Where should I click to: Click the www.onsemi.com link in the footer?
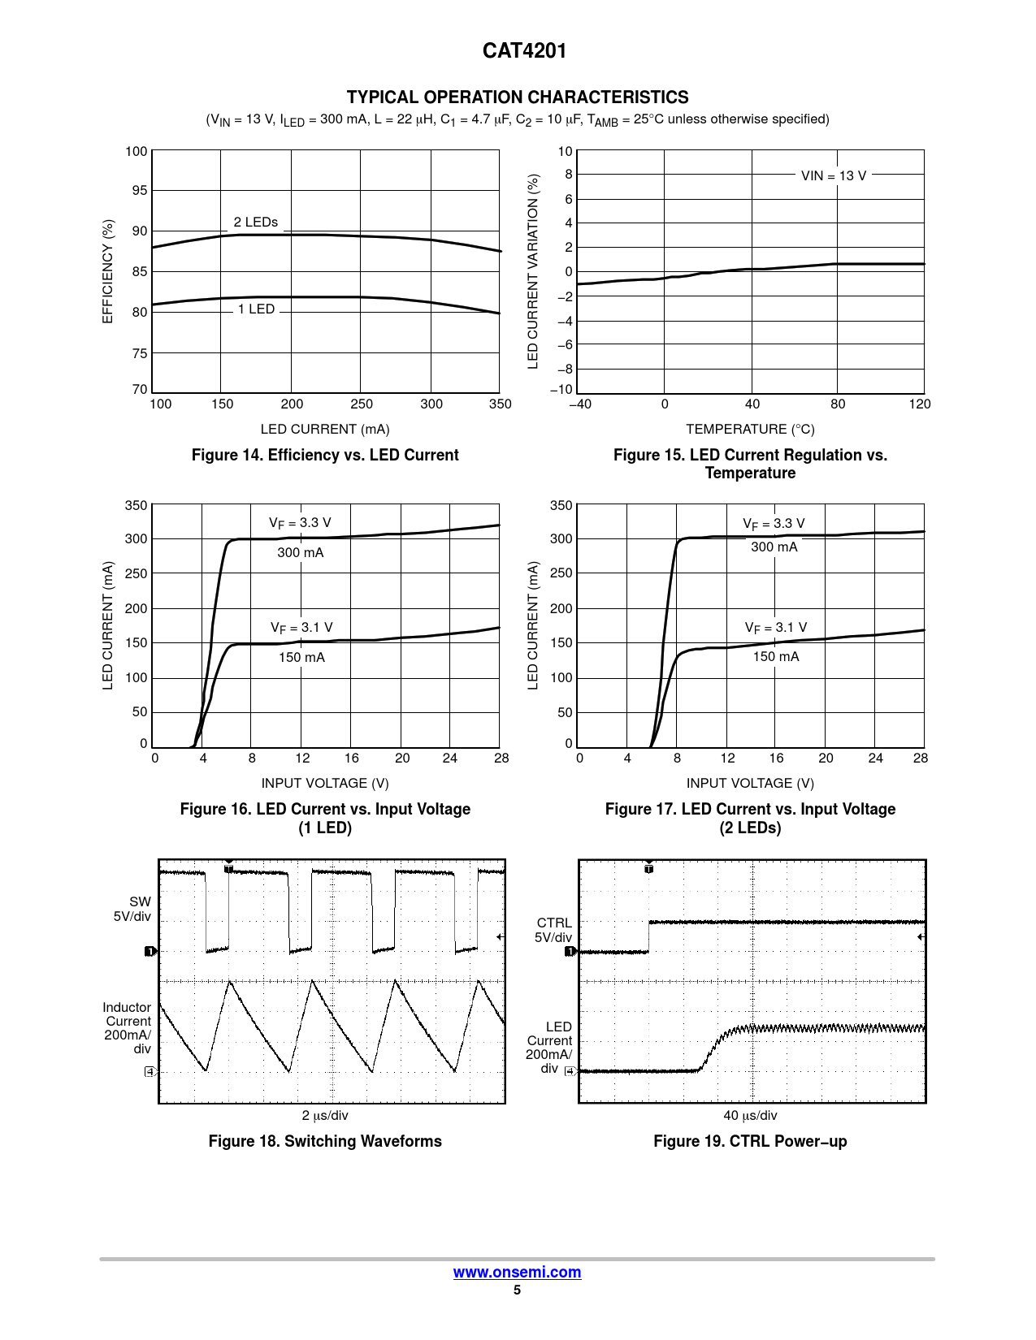tap(517, 1273)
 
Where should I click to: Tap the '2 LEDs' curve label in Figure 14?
tap(256, 222)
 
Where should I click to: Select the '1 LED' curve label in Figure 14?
tap(256, 309)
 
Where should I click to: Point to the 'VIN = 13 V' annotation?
tap(834, 175)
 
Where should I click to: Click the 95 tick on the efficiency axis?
tap(140, 191)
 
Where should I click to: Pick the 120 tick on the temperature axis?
tap(920, 404)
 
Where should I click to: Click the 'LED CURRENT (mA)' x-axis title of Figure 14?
tap(325, 429)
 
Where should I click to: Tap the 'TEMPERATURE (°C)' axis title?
tap(750, 429)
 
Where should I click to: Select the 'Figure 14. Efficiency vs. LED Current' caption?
tap(325, 456)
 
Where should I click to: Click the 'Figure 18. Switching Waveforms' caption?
tap(325, 1141)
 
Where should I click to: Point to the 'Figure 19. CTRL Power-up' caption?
tap(750, 1141)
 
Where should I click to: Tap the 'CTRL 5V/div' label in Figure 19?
tap(553, 930)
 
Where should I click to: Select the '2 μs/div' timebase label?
tap(325, 1116)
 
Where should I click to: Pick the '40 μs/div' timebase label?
tap(750, 1116)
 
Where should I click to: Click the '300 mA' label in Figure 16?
tap(301, 553)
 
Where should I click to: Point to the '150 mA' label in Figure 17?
tap(776, 657)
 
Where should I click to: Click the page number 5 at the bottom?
tap(517, 1290)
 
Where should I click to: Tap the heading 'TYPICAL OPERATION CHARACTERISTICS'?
tap(518, 97)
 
